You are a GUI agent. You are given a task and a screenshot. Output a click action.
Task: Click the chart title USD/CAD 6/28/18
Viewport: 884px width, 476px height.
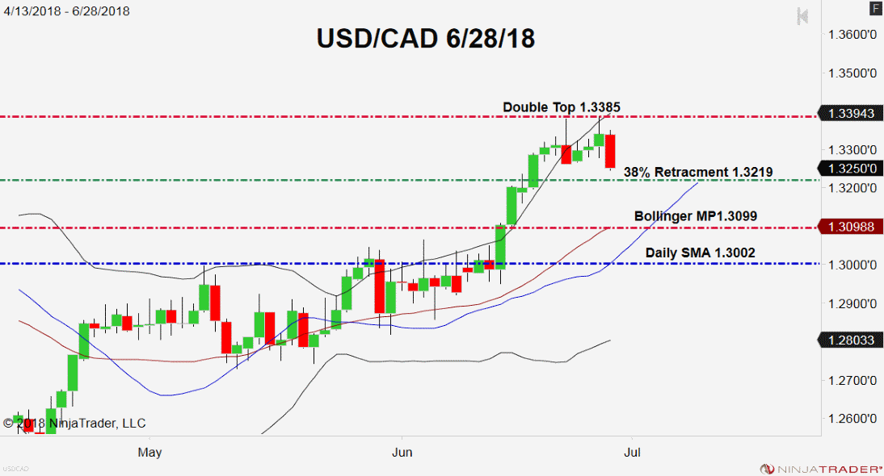click(x=425, y=39)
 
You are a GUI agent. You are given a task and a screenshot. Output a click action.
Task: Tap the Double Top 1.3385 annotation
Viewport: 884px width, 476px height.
click(x=562, y=106)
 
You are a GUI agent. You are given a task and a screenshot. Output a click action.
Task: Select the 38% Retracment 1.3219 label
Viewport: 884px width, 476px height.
click(x=698, y=172)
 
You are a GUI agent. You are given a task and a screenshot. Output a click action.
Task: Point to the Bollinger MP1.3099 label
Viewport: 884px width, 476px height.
click(x=695, y=216)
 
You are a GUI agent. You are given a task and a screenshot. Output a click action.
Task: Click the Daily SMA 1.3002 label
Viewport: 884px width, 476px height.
click(x=700, y=253)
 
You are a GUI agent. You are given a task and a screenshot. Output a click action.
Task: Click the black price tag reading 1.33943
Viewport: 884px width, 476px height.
click(x=851, y=114)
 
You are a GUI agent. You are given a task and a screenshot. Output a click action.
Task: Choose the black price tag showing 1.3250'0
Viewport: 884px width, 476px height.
click(x=851, y=169)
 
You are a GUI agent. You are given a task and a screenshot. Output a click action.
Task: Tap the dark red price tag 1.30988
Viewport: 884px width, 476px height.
click(x=851, y=228)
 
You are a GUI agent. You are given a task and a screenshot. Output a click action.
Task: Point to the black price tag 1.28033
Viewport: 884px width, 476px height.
click(x=851, y=340)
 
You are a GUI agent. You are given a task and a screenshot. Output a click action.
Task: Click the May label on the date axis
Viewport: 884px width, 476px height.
click(x=150, y=452)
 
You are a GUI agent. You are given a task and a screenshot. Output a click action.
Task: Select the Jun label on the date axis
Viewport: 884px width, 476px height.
click(x=401, y=452)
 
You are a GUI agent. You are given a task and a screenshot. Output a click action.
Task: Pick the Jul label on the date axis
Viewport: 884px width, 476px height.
click(x=633, y=452)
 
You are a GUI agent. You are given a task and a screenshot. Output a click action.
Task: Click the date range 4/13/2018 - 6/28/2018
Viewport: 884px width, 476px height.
click(x=66, y=11)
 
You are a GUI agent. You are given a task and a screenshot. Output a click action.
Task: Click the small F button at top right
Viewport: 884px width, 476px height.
click(x=875, y=9)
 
